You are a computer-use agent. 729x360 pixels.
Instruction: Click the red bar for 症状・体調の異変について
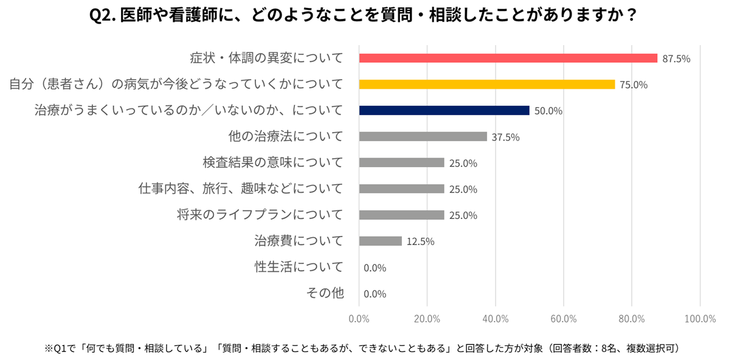(x=508, y=58)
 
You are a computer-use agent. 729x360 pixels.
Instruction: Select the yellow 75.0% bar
(x=486, y=85)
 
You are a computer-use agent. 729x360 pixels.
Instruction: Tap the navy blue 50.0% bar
(x=444, y=111)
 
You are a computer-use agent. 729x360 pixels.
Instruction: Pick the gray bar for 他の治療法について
(x=423, y=137)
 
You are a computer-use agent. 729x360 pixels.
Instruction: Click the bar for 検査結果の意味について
(x=401, y=163)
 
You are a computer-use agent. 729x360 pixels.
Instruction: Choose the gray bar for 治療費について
(x=380, y=241)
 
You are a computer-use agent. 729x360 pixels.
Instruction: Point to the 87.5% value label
(x=675, y=59)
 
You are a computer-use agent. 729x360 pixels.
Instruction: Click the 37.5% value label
(x=505, y=137)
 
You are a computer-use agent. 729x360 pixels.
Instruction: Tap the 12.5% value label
(x=420, y=242)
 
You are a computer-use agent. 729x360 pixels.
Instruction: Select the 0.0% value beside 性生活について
(x=375, y=268)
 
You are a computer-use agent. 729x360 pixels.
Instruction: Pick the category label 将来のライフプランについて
(x=260, y=215)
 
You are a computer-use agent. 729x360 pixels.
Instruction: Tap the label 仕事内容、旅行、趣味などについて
(x=241, y=189)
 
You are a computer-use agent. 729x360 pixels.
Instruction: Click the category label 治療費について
(x=299, y=241)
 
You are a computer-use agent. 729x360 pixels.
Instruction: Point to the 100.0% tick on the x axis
(x=699, y=318)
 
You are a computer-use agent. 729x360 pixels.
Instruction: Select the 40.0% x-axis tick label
(x=495, y=318)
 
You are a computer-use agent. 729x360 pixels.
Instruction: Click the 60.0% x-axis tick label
(x=563, y=318)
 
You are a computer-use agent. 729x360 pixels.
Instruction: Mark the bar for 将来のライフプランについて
(x=401, y=215)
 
